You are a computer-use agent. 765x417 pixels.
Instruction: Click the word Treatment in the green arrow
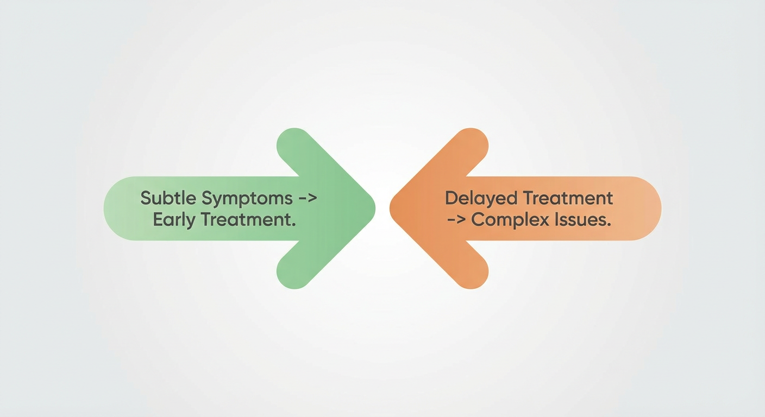pos(248,220)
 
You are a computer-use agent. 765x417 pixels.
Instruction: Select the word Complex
pos(509,221)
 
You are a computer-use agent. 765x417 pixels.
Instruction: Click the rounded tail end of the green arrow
pos(106,208)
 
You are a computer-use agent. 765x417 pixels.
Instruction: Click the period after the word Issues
pos(609,225)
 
